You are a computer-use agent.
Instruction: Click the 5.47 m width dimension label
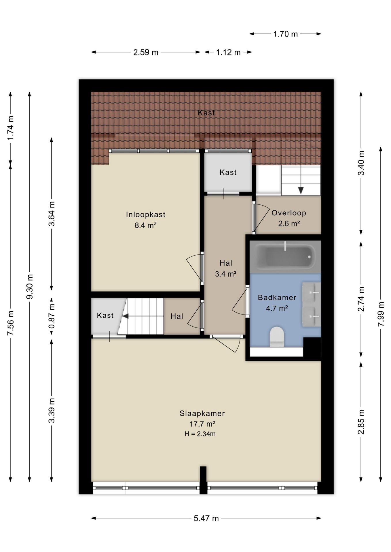tap(206, 518)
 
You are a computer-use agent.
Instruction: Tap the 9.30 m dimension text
tap(30, 286)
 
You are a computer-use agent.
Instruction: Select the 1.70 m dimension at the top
tap(285, 34)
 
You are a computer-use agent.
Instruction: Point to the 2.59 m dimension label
tap(146, 52)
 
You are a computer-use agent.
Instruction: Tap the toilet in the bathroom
tap(277, 336)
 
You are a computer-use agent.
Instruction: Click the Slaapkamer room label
tap(202, 413)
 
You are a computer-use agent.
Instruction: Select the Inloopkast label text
tap(146, 214)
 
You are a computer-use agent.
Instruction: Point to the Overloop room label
tap(289, 213)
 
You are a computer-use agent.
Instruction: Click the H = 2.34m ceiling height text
tap(200, 434)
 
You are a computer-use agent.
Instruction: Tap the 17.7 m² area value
tap(202, 424)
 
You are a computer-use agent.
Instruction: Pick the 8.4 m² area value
tap(145, 225)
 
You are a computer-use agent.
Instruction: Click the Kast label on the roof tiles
tap(206, 113)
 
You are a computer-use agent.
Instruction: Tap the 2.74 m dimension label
tap(361, 299)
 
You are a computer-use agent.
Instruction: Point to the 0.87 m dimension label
tap(52, 316)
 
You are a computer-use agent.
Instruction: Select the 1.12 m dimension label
tap(228, 52)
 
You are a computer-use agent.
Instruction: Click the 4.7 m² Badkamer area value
tap(277, 308)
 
